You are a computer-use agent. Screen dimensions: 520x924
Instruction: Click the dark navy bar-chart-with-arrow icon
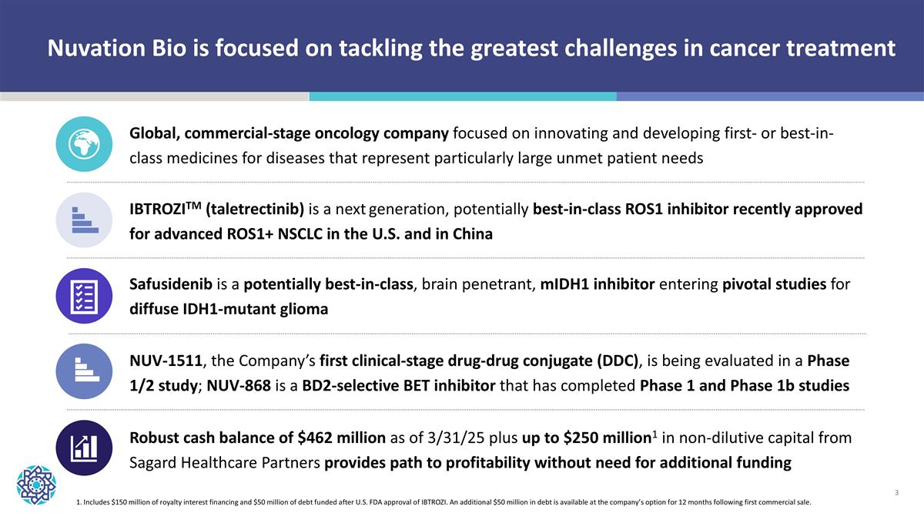(x=85, y=448)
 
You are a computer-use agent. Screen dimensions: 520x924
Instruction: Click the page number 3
(x=898, y=491)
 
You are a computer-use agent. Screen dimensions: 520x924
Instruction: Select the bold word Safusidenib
(x=171, y=284)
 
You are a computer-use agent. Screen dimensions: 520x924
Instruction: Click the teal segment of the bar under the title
(x=462, y=96)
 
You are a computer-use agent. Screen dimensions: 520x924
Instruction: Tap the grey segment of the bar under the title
(x=154, y=96)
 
